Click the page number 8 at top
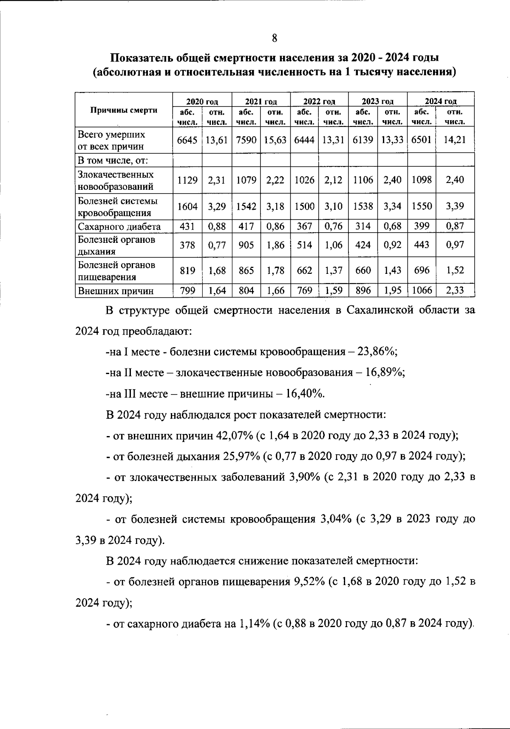click(x=275, y=38)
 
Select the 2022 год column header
click(x=319, y=101)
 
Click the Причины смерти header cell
click(x=124, y=110)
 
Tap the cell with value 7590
click(x=246, y=140)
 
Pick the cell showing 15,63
click(x=275, y=140)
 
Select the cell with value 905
click(x=246, y=245)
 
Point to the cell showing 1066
click(x=422, y=290)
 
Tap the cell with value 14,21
click(x=455, y=140)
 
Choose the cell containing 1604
click(x=187, y=206)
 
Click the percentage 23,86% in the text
click(x=377, y=352)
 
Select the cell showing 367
click(x=304, y=226)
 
